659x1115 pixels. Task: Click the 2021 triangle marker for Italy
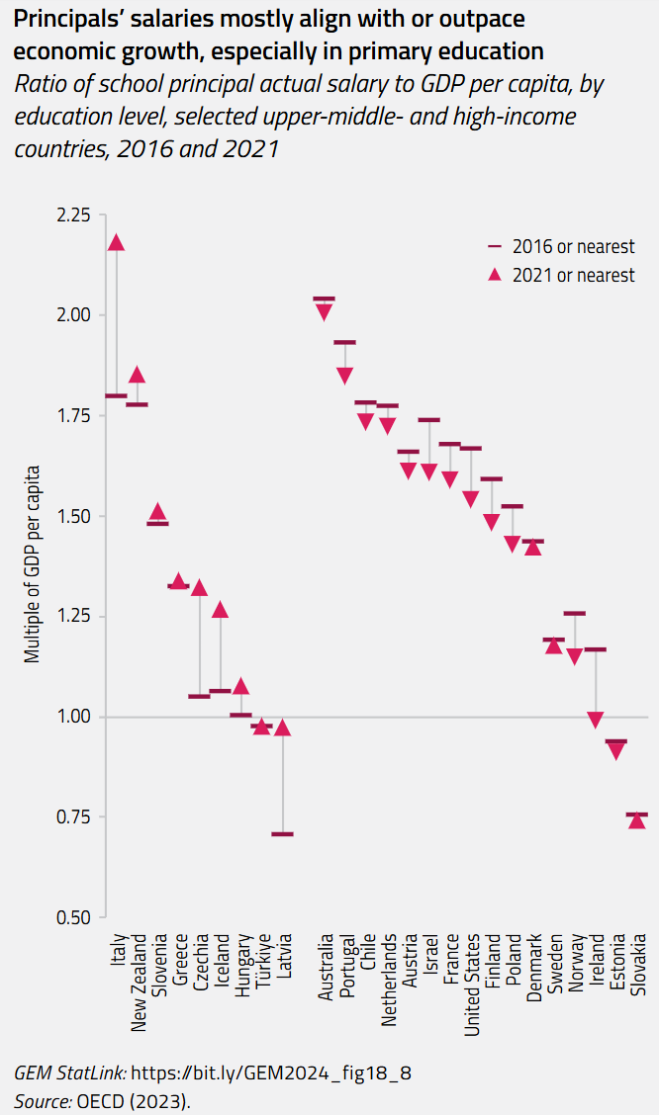[116, 243]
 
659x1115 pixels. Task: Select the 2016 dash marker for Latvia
[282, 834]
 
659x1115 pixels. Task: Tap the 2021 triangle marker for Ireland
[595, 720]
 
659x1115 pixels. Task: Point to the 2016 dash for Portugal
[344, 342]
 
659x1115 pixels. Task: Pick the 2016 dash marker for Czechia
[199, 696]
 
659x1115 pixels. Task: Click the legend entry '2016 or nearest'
[561, 246]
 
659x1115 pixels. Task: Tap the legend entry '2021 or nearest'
[561, 276]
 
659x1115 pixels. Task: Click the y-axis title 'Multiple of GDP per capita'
[33, 563]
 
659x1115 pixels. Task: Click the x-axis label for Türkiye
[261, 966]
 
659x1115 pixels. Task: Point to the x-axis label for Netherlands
[388, 980]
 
